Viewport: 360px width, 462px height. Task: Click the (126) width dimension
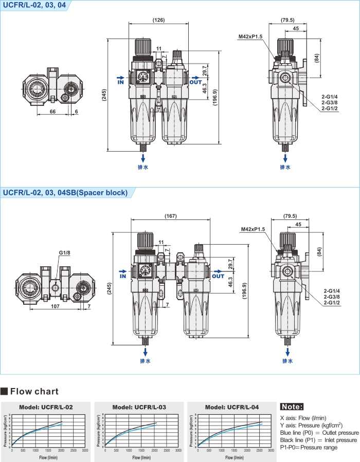[x=159, y=20]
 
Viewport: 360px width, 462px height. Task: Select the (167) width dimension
[x=171, y=216]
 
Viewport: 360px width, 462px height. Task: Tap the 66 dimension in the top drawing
[x=52, y=111]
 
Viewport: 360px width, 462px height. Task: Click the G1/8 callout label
[x=64, y=253]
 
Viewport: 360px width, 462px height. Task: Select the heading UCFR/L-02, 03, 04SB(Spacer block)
[x=65, y=193]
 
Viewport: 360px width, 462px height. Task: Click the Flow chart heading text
[x=34, y=392]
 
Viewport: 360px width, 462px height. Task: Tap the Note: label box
[x=292, y=407]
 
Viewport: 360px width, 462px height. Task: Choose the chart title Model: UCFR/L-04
[x=232, y=407]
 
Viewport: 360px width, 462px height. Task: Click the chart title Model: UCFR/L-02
[x=46, y=407]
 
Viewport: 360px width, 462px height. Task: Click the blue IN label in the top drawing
[x=121, y=81]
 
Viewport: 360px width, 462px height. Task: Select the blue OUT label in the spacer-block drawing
[x=219, y=276]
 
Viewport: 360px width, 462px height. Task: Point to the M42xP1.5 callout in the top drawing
[x=250, y=36]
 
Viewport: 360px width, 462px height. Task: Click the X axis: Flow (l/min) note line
[x=303, y=418]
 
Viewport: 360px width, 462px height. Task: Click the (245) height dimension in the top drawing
[x=103, y=95]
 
